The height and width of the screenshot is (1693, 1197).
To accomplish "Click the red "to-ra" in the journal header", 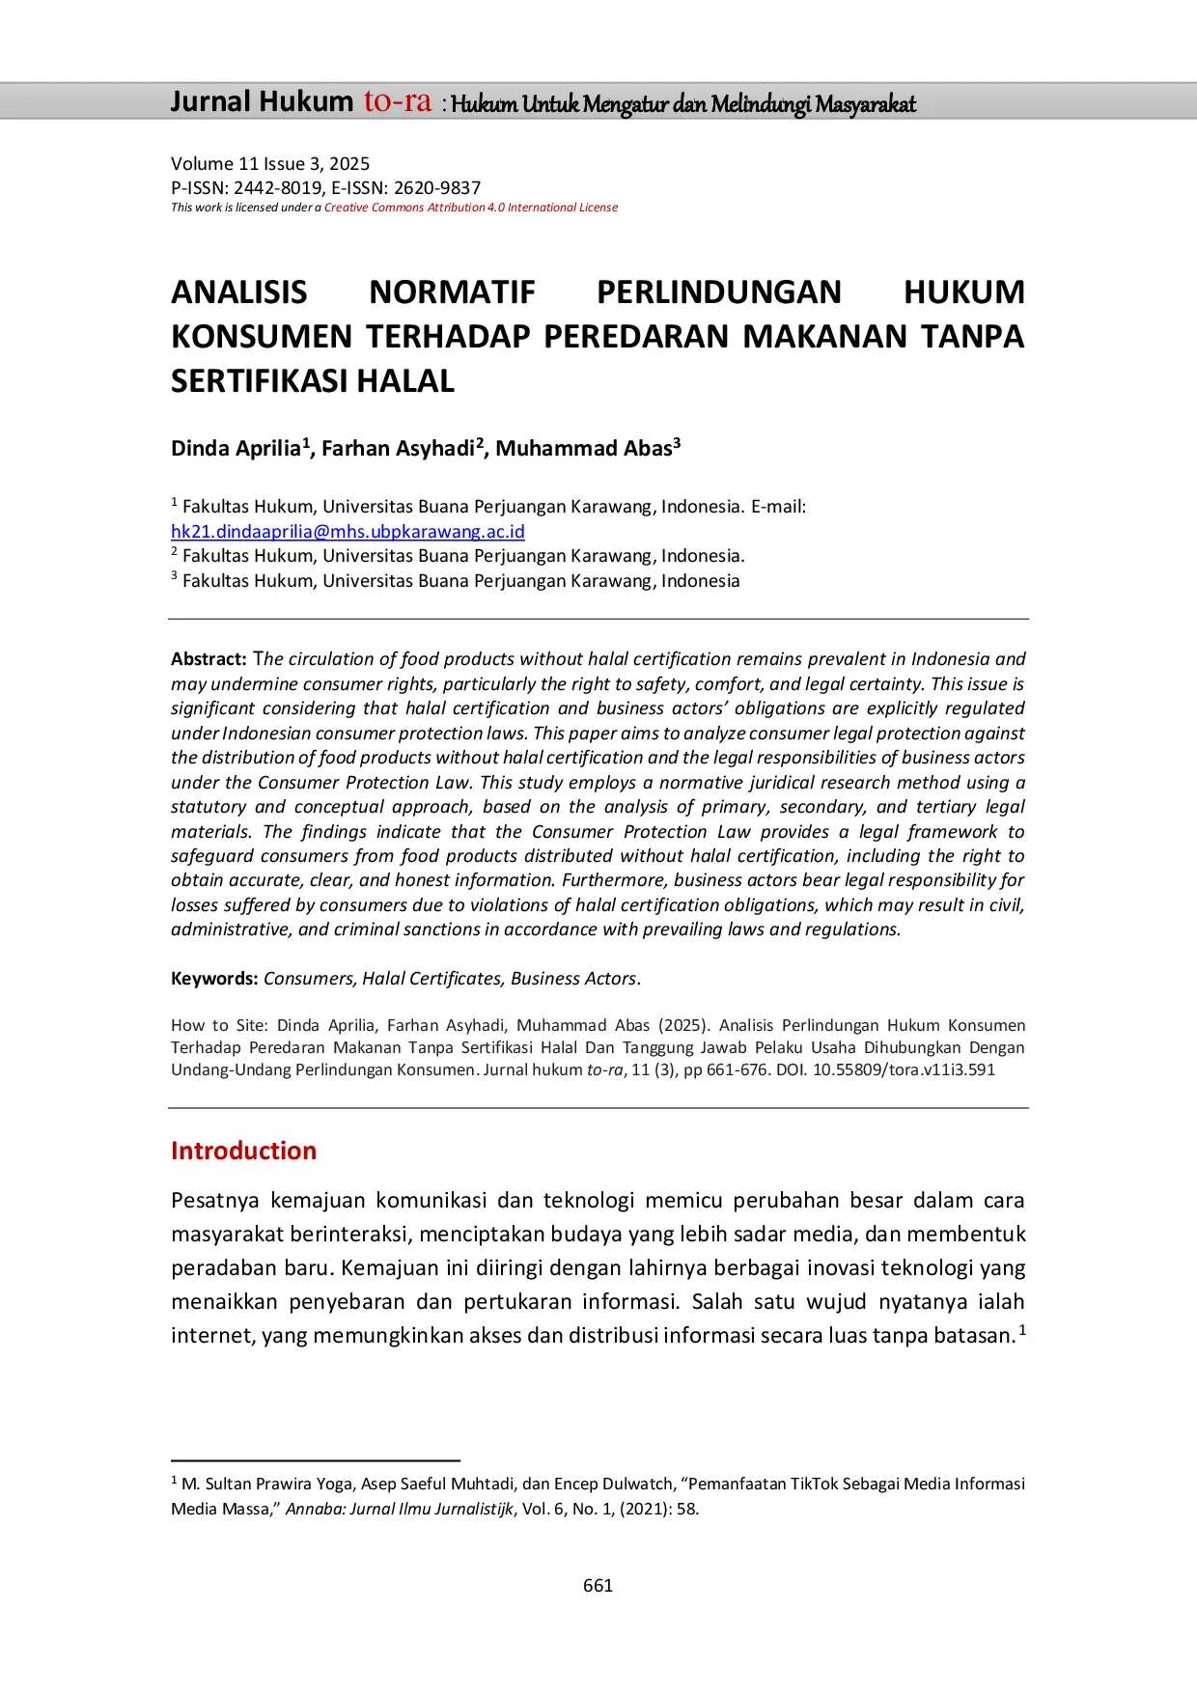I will pyautogui.click(x=397, y=101).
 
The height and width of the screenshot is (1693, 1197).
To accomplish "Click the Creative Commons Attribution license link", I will pyautogui.click(x=470, y=208).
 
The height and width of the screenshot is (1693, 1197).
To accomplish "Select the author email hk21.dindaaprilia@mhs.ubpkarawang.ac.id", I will pyautogui.click(x=348, y=532).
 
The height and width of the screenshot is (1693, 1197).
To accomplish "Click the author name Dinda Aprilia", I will pyautogui.click(x=236, y=449).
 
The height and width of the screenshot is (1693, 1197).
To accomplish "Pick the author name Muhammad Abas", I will pyautogui.click(x=583, y=449).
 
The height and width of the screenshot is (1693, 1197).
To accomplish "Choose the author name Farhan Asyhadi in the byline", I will pyautogui.click(x=398, y=449).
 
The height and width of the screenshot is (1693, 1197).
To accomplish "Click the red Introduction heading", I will pyautogui.click(x=243, y=1151).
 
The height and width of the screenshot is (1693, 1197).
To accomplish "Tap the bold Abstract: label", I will pyautogui.click(x=209, y=659).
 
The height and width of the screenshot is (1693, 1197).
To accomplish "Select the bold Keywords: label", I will pyautogui.click(x=214, y=979).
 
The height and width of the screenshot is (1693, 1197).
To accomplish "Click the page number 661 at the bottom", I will pyautogui.click(x=598, y=1585).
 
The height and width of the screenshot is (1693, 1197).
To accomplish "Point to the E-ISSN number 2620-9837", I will pyautogui.click(x=437, y=188).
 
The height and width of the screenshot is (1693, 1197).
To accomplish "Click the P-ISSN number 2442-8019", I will pyautogui.click(x=278, y=188).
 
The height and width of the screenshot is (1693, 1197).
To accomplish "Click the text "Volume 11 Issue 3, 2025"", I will pyautogui.click(x=270, y=164).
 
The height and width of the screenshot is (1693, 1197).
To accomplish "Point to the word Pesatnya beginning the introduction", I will pyautogui.click(x=215, y=1201).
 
